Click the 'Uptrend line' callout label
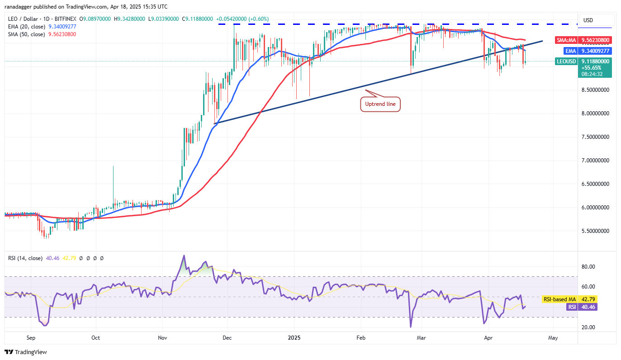[380, 104]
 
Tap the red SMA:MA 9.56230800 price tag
[583, 40]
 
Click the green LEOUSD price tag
[583, 61]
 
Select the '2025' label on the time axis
[294, 337]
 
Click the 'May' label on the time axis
[553, 337]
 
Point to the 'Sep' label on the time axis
[31, 337]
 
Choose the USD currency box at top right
[588, 20]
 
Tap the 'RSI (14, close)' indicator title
[25, 258]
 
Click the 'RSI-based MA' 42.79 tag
[583, 299]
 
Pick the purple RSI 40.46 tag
[583, 307]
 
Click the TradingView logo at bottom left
[26, 352]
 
